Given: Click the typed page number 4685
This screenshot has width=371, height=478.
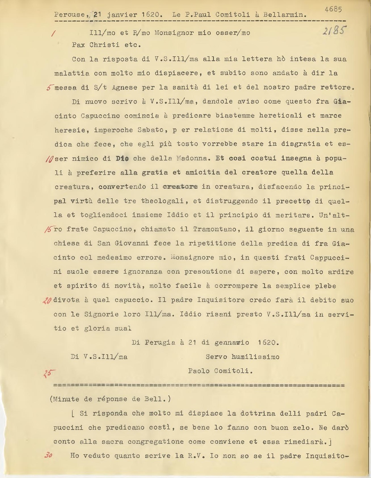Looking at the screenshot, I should (333, 9).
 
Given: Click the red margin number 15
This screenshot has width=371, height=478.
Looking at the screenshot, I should (49, 229).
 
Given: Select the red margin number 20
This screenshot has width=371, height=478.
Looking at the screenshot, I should (47, 300).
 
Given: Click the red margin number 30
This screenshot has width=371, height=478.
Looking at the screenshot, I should (48, 456).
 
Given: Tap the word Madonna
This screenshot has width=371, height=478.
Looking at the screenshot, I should (194, 158).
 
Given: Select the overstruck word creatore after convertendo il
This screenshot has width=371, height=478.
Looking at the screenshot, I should (180, 187).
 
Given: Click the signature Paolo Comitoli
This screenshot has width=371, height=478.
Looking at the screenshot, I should (220, 371).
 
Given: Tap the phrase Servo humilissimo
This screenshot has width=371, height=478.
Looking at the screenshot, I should (242, 357).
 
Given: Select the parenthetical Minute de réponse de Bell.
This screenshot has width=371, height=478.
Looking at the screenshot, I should (110, 399).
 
